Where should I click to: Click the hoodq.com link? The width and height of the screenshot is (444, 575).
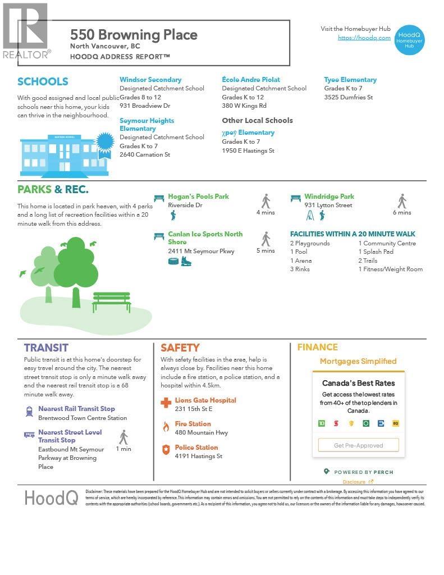click(364, 38)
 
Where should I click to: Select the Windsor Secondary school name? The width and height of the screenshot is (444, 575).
click(150, 80)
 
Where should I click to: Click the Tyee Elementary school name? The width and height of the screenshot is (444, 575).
click(350, 80)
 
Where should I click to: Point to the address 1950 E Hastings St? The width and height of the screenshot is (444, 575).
click(248, 150)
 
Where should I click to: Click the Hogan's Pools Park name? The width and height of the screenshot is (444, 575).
click(199, 197)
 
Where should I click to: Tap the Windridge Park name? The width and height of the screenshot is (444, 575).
click(329, 197)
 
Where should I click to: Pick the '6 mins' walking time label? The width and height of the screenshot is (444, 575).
click(402, 212)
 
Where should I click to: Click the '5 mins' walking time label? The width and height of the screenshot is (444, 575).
click(266, 250)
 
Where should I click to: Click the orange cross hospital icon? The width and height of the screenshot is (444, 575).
click(166, 403)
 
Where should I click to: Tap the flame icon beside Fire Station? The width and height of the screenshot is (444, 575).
click(166, 427)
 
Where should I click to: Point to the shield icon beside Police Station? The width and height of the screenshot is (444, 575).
click(166, 450)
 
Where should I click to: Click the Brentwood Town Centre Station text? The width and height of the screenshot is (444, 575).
click(83, 418)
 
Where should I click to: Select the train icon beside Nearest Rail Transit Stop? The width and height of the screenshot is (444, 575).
click(29, 412)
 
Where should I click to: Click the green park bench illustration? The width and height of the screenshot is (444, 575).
click(111, 302)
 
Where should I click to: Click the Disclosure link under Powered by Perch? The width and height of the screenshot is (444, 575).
click(355, 482)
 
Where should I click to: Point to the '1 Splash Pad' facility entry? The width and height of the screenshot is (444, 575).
click(376, 252)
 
